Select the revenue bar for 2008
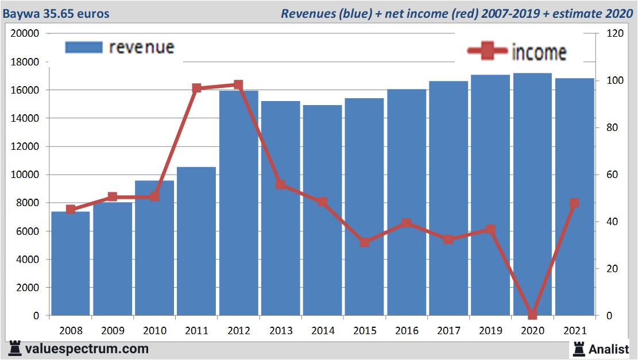point(71,264)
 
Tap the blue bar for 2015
point(364,207)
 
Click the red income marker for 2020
point(532,315)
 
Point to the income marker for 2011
point(196,88)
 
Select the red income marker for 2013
point(280,184)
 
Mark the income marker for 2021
point(574,203)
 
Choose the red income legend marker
point(488,52)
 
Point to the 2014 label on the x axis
point(322,331)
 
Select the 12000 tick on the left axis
point(26,146)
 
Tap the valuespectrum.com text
point(86,349)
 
